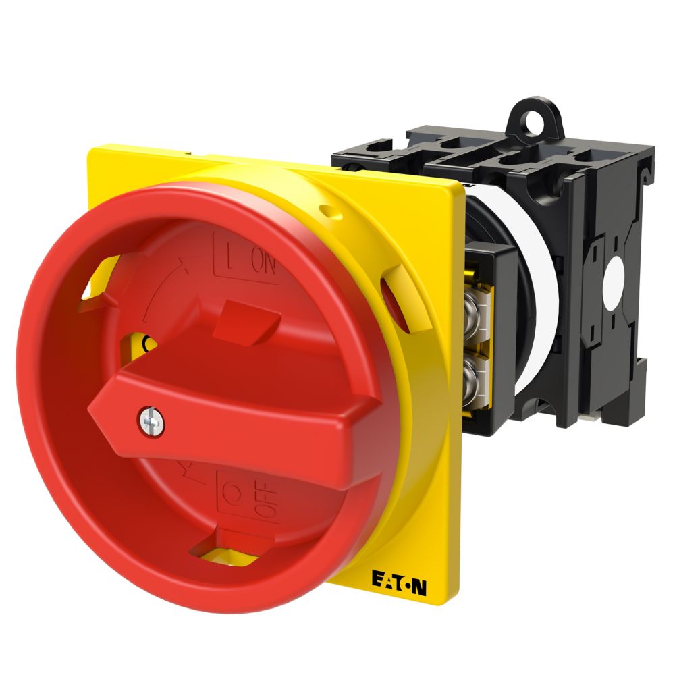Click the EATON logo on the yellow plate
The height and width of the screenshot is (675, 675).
click(398, 580)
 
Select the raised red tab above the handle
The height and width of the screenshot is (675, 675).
click(241, 319)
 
